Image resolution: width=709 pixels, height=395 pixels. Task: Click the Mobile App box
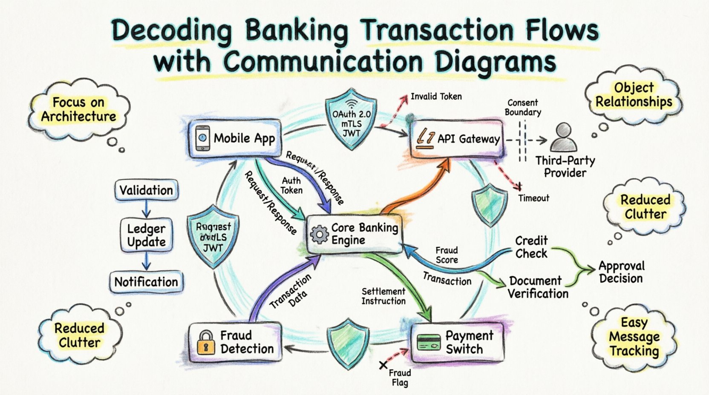click(235, 139)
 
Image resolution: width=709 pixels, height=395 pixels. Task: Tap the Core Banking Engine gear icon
click(319, 235)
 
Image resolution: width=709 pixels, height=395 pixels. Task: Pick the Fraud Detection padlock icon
click(206, 342)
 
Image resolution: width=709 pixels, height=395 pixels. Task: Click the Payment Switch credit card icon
click(429, 342)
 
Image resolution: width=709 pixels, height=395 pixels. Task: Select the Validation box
click(146, 190)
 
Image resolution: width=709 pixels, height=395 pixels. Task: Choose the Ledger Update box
click(146, 235)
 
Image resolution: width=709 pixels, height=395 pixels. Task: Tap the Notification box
click(146, 282)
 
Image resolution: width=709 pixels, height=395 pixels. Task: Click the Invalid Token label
click(436, 97)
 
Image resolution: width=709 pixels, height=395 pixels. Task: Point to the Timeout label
click(533, 198)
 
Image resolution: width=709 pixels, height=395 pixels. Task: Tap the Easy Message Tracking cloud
click(634, 337)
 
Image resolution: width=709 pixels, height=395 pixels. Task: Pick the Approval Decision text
click(621, 272)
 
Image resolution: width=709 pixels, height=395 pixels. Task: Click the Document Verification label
click(538, 287)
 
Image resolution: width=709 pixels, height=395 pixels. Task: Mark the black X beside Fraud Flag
click(383, 365)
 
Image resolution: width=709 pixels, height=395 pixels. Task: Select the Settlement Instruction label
click(383, 296)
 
